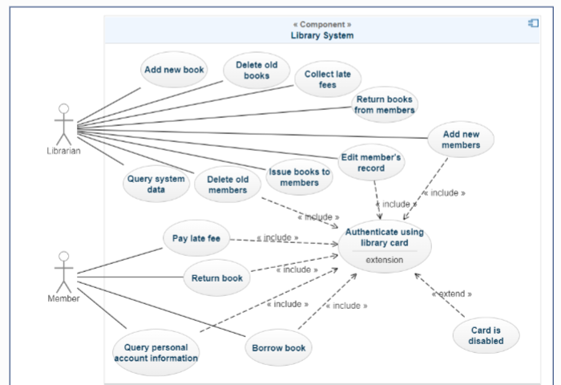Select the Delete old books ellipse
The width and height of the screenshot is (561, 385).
pyautogui.click(x=256, y=71)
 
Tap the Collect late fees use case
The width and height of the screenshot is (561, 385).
pyautogui.click(x=327, y=80)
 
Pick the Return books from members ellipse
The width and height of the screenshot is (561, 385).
pyautogui.click(x=385, y=104)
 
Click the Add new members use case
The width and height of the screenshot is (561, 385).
pyautogui.click(x=460, y=139)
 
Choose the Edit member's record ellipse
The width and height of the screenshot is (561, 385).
pyautogui.click(x=371, y=162)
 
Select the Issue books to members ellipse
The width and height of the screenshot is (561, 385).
pyautogui.click(x=299, y=177)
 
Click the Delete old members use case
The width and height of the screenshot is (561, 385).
pyautogui.click(x=228, y=184)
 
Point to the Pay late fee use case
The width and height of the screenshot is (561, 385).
pyautogui.click(x=196, y=237)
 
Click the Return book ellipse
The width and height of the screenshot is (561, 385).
pyautogui.click(x=216, y=278)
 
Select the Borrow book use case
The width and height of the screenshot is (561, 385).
pyautogui.click(x=278, y=348)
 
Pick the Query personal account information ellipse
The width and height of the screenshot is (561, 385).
pyautogui.click(x=155, y=353)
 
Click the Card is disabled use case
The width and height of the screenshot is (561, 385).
pyautogui.click(x=486, y=334)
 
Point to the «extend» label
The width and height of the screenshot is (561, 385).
pyautogui.click(x=452, y=294)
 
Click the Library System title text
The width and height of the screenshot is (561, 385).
pyautogui.click(x=322, y=35)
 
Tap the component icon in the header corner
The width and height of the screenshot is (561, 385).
pyautogui.click(x=533, y=23)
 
